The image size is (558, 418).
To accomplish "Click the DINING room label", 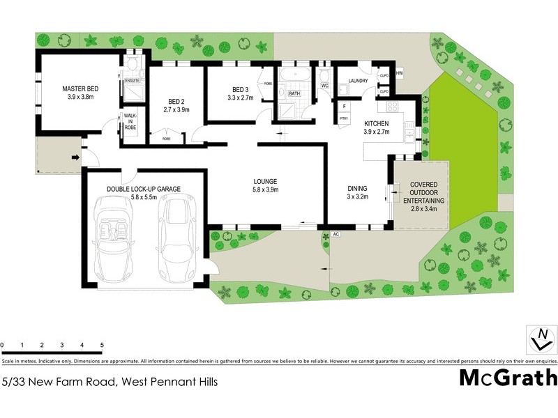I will (357, 187).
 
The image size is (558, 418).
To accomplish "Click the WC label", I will (325, 86).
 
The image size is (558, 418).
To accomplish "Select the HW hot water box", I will (400, 73).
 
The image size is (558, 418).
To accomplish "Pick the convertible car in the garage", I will (114, 233).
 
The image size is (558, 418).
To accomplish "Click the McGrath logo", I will (508, 378).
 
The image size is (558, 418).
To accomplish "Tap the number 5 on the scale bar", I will (102, 346).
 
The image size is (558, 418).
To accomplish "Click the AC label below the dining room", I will (335, 234).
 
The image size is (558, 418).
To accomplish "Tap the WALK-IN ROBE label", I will (130, 123).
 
